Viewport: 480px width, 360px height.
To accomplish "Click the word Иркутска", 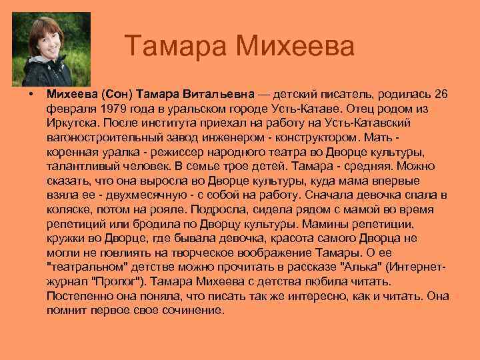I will [x=72, y=123].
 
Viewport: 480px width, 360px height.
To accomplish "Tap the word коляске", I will [x=69, y=210].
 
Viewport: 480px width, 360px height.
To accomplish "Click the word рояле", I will [x=169, y=210].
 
